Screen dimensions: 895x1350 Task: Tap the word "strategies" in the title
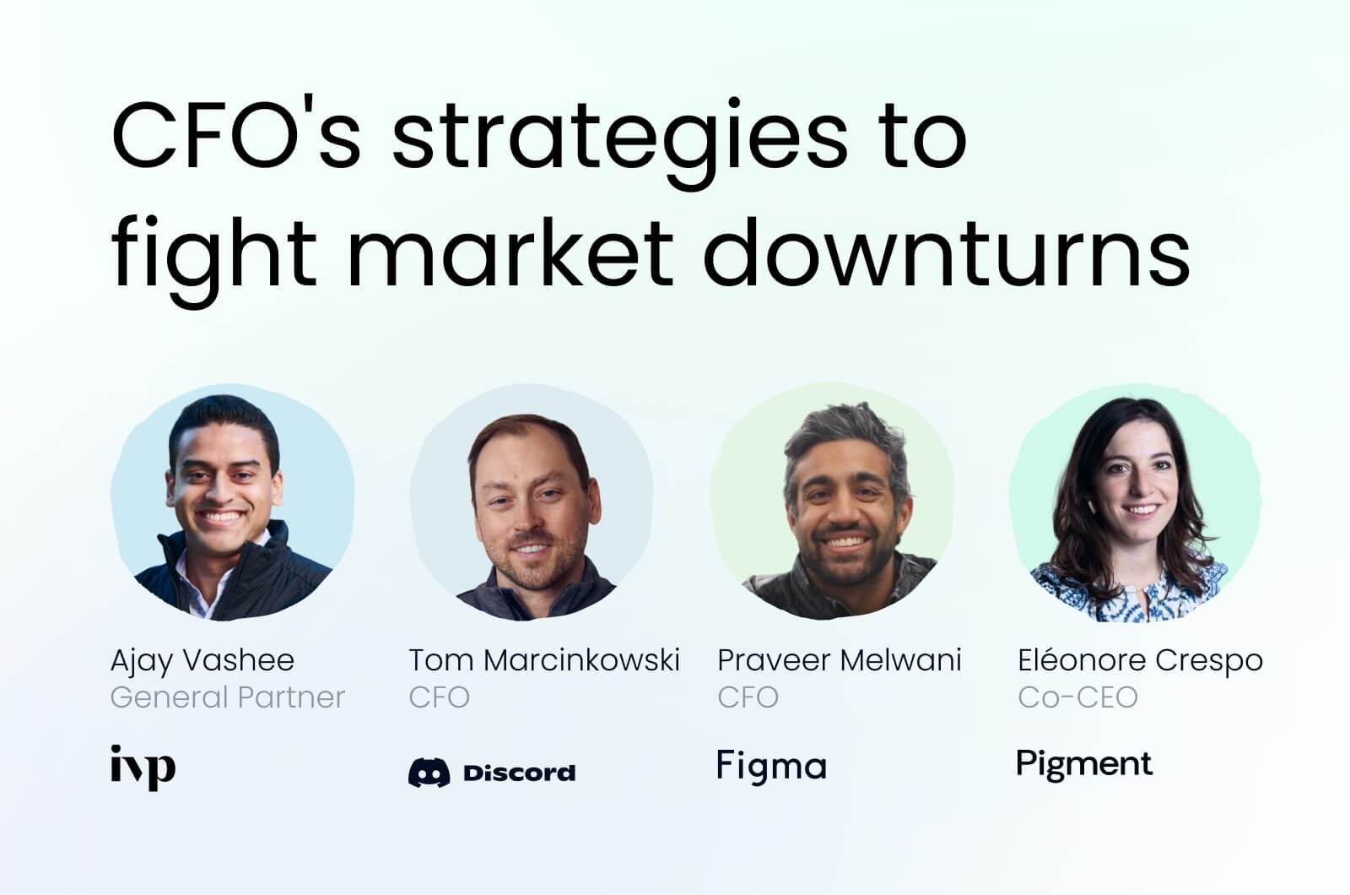click(620, 139)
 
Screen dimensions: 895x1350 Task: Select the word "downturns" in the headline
click(946, 251)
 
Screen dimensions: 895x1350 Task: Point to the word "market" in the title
click(511, 251)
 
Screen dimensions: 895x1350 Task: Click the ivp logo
click(143, 767)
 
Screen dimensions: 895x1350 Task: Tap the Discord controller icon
click(429, 772)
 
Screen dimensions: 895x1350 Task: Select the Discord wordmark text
click(519, 772)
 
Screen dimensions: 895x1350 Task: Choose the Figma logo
click(771, 767)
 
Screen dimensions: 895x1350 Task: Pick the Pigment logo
click(1084, 765)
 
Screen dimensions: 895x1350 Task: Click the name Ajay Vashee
click(202, 660)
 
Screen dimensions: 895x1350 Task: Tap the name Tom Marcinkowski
click(544, 660)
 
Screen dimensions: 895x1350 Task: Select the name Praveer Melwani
click(839, 660)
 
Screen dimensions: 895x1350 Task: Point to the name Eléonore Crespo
click(1140, 660)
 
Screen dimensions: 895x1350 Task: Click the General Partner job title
click(228, 697)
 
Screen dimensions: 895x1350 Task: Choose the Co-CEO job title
click(1077, 697)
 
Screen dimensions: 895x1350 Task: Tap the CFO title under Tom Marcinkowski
click(439, 697)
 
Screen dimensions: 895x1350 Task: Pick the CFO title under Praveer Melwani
click(748, 697)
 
